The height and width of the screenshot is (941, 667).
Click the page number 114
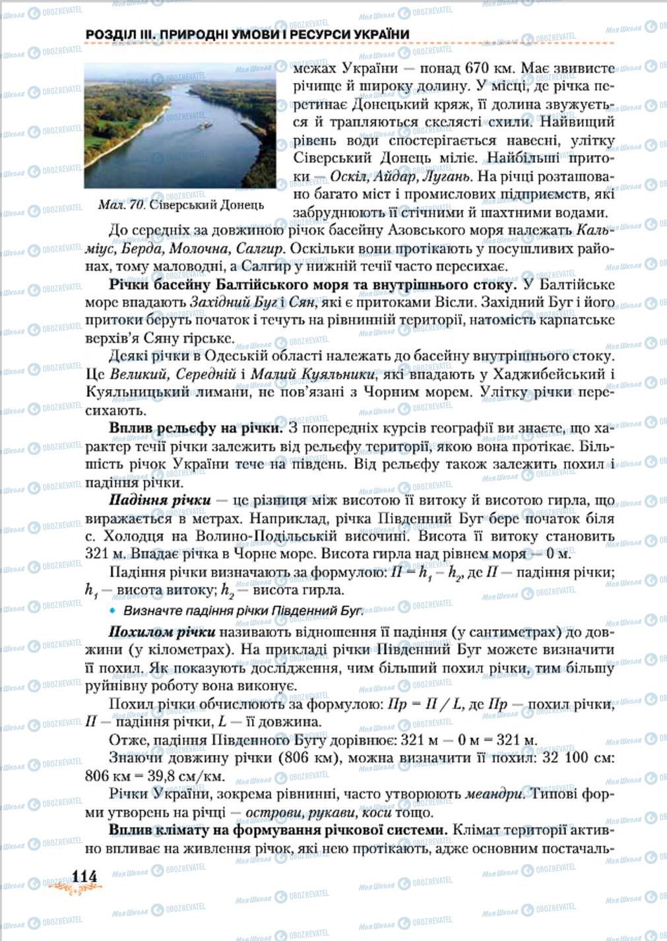[84, 876]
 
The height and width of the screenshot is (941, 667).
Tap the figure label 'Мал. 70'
[121, 204]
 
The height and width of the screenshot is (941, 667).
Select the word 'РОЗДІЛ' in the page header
[110, 34]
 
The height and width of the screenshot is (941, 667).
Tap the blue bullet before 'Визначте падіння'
[113, 610]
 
